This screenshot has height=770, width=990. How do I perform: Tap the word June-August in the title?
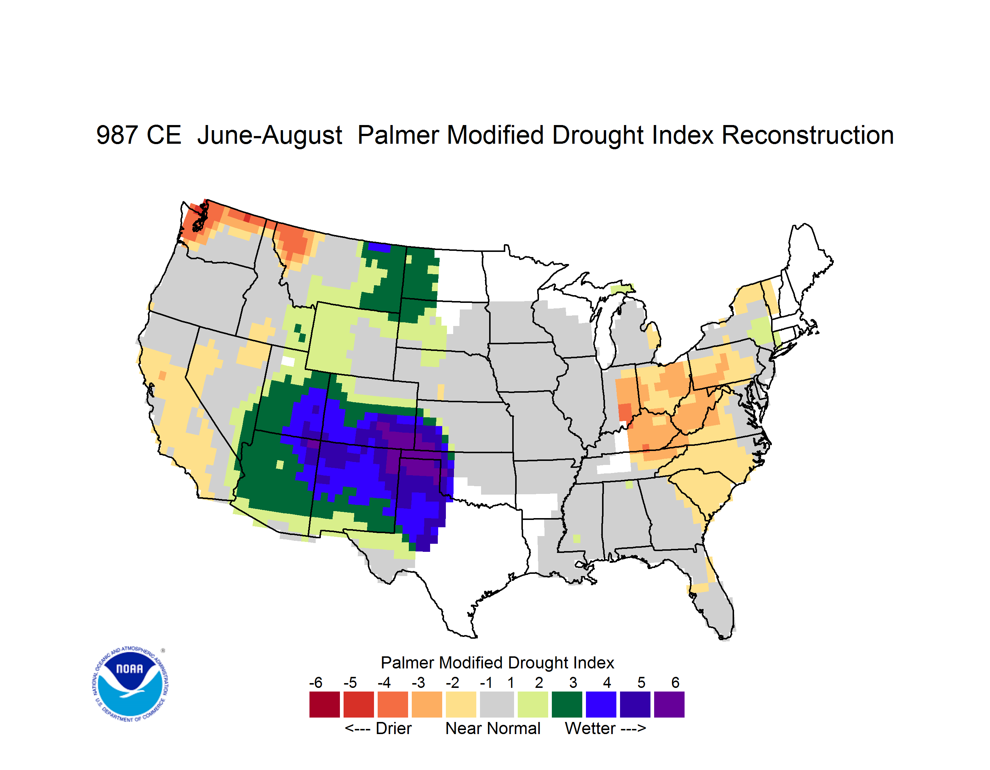point(270,136)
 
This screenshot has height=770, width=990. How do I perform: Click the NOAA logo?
point(130,684)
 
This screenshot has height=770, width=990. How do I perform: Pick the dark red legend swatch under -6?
point(324,704)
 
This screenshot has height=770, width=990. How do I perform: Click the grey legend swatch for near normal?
point(497,704)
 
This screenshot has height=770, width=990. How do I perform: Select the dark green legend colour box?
point(566,704)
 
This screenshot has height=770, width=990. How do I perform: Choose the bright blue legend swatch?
point(601,704)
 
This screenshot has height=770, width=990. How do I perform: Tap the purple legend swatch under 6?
point(669,704)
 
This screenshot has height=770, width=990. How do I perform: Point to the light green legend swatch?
point(533,704)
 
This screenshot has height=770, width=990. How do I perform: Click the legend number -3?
point(418,682)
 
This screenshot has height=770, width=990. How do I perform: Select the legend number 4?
point(607,682)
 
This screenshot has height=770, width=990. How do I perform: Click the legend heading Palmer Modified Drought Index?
point(497,663)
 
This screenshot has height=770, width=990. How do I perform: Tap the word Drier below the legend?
point(393,728)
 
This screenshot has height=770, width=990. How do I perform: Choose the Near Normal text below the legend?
point(493,728)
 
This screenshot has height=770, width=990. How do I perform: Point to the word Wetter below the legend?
point(590,728)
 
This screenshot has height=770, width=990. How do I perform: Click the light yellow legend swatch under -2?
point(461,704)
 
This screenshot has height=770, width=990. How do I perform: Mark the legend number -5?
point(350,682)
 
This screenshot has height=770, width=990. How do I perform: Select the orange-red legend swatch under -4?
point(393,704)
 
